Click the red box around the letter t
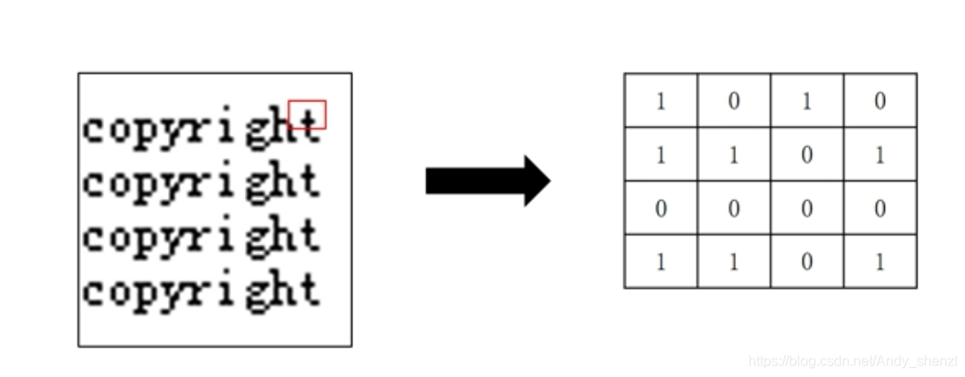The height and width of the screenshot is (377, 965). [307, 115]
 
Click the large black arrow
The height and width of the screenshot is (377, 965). [487, 181]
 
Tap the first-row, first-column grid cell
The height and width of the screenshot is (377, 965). [660, 100]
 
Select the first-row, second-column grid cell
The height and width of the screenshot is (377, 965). [733, 100]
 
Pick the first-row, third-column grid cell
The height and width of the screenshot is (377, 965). [807, 100]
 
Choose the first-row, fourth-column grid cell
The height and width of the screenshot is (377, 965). [880, 100]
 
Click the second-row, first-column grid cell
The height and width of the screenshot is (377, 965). [660, 154]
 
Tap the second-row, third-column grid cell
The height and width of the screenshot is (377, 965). [807, 154]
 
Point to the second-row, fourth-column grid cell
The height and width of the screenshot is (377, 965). [880, 154]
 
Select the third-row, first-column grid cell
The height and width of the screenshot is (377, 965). [660, 208]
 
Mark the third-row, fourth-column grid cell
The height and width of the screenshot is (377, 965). [880, 208]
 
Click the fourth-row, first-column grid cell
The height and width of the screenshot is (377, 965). [660, 262]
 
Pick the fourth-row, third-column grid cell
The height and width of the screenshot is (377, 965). [807, 262]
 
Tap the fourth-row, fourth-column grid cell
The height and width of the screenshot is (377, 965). [880, 262]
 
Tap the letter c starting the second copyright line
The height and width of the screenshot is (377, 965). [93, 183]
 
